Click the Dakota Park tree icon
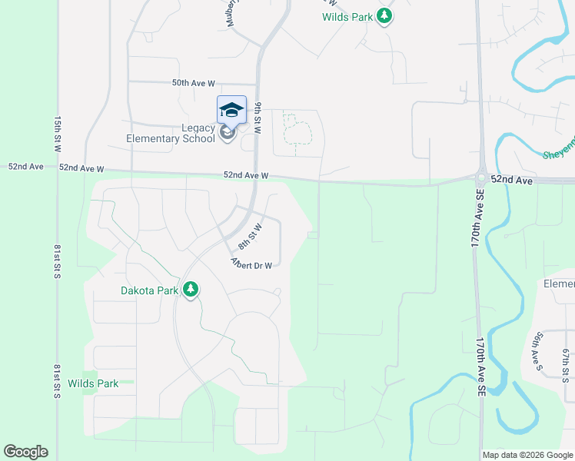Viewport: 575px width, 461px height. click(191, 290)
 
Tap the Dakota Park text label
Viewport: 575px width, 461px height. click(150, 290)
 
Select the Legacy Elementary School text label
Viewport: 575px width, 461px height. click(171, 134)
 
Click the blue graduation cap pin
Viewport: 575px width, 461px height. click(231, 111)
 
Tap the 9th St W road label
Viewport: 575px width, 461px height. click(259, 118)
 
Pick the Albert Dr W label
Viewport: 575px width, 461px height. click(252, 264)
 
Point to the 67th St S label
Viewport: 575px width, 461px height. click(565, 363)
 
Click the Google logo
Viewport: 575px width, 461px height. click(25, 452)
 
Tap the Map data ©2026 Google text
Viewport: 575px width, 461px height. click(527, 455)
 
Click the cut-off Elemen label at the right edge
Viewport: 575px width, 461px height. click(559, 284)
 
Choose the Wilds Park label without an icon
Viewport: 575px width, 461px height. click(92, 383)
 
